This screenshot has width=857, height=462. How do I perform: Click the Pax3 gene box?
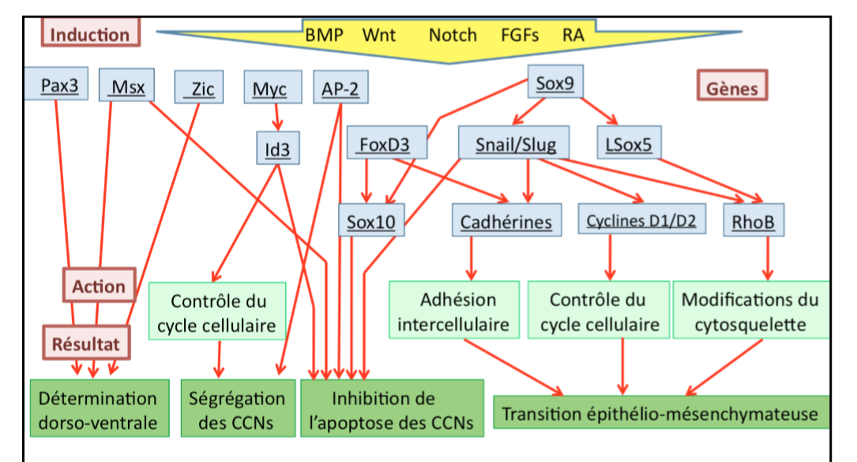click(x=59, y=85)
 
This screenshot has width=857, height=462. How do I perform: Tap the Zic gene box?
click(x=199, y=88)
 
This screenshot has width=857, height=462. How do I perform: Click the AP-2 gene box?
click(x=340, y=88)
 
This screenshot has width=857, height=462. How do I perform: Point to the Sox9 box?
click(x=555, y=82)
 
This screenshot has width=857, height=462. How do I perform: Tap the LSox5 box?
click(x=630, y=144)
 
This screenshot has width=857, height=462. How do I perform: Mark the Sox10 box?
click(x=371, y=220)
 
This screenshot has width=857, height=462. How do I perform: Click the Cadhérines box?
click(x=506, y=220)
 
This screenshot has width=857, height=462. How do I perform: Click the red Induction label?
click(x=91, y=34)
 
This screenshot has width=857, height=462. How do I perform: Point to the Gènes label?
click(x=732, y=87)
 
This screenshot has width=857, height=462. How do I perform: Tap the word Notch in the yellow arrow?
click(x=453, y=35)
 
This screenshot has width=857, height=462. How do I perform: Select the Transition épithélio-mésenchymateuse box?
click(x=660, y=413)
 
